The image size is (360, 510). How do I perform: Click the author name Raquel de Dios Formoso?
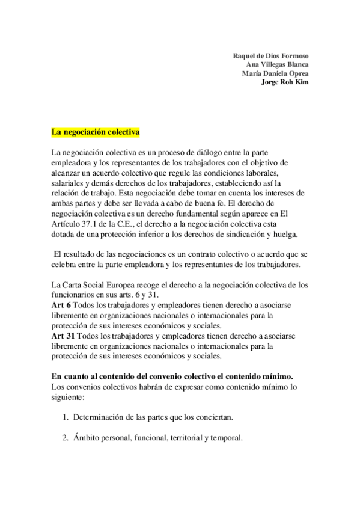click(270, 56)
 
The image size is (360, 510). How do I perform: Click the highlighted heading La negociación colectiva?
click(96, 131)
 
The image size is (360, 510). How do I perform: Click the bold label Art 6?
click(61, 305)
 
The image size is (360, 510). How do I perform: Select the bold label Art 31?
click(63, 334)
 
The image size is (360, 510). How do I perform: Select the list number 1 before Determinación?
click(65, 417)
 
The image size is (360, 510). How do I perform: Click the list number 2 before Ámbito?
click(65, 438)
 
